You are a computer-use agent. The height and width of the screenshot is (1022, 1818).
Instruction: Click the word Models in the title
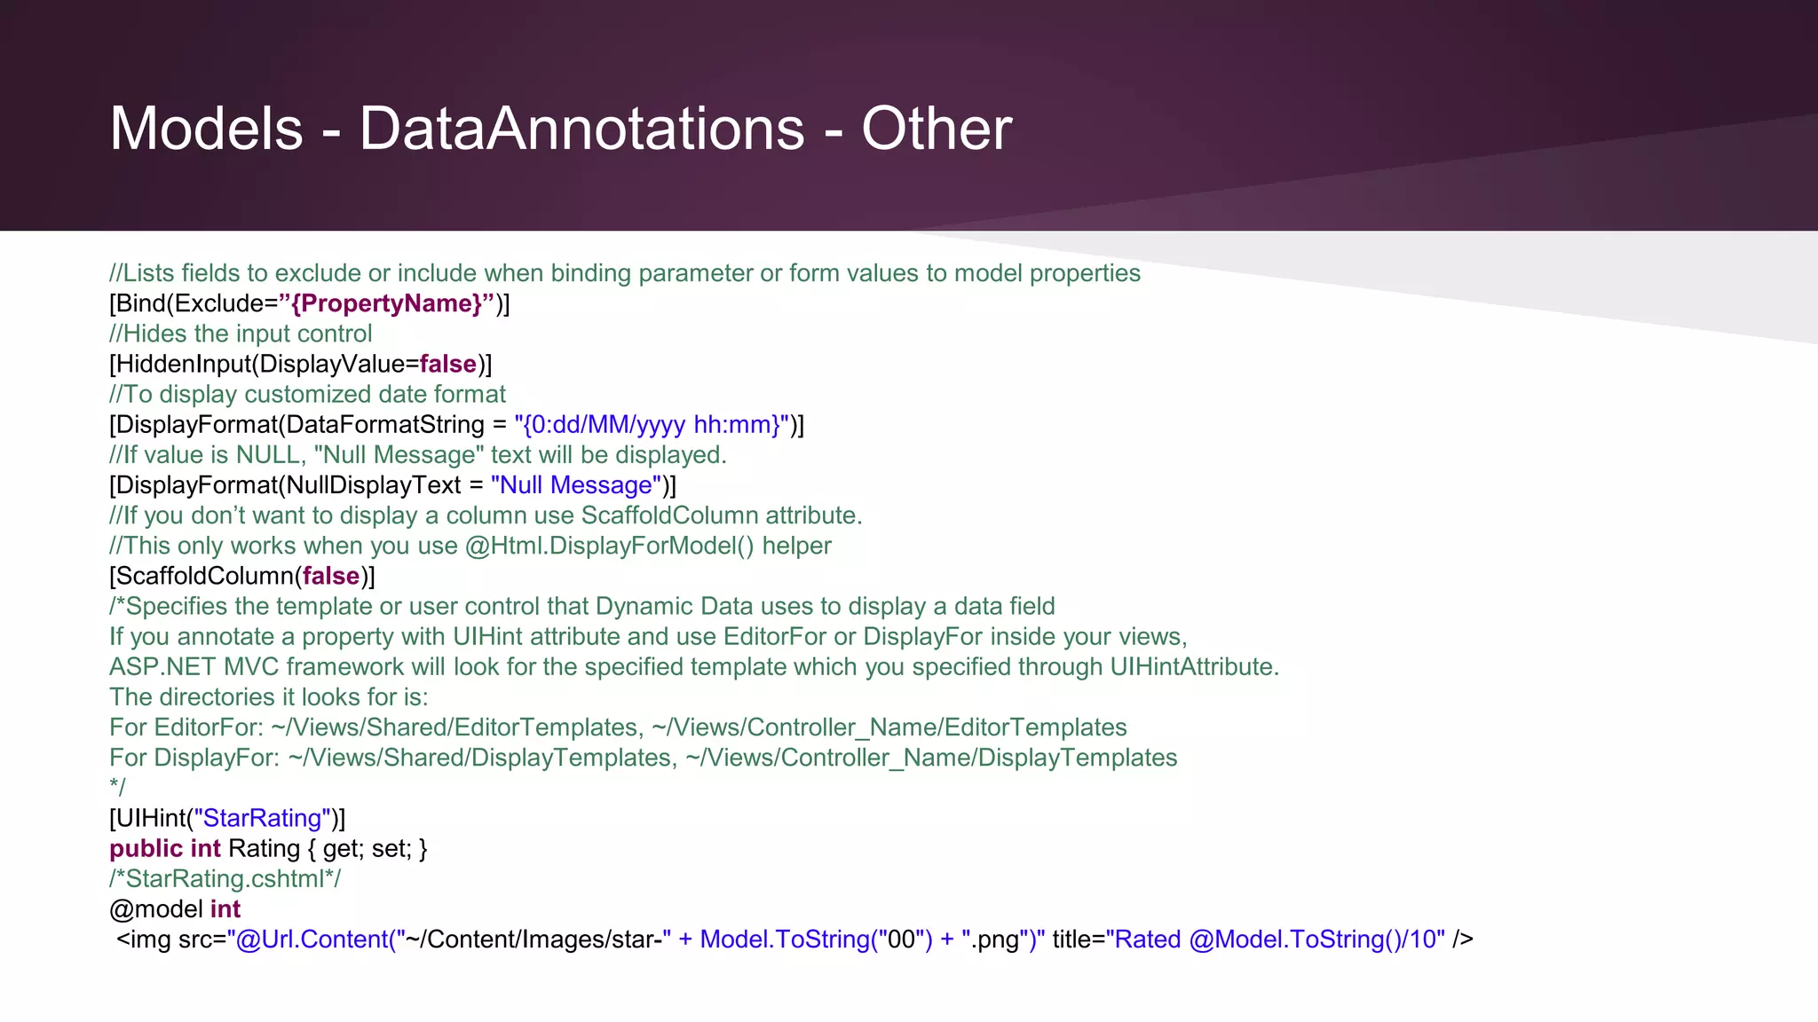click(206, 130)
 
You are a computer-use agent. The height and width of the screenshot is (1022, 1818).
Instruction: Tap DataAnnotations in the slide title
click(581, 130)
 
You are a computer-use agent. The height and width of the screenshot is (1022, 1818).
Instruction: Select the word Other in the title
click(936, 130)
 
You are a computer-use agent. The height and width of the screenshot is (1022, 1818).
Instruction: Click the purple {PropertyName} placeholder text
click(386, 303)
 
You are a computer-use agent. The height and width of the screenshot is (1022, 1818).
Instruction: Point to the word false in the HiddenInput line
click(447, 364)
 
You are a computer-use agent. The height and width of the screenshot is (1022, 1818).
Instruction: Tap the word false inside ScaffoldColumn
click(330, 576)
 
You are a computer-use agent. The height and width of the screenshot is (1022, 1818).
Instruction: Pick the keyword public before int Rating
click(146, 848)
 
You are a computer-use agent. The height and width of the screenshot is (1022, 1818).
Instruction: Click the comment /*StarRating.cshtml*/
click(225, 878)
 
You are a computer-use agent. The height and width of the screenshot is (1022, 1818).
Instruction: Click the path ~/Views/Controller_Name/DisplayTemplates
click(931, 758)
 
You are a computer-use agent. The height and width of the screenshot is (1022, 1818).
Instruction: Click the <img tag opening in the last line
click(144, 939)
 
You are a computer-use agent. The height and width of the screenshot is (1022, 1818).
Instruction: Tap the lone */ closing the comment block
click(117, 787)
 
